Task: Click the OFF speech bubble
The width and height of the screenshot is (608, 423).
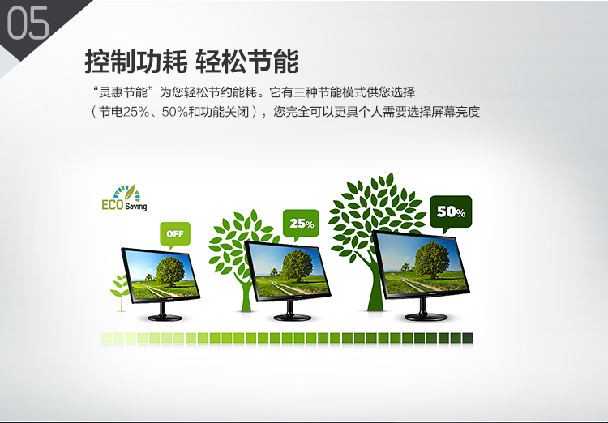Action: [x=175, y=234]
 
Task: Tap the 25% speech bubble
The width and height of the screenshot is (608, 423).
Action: [x=301, y=224]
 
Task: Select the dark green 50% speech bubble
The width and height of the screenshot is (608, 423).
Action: [x=451, y=212]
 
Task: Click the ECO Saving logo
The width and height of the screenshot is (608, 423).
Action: [x=124, y=198]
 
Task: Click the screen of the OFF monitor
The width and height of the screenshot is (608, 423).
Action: [x=161, y=275]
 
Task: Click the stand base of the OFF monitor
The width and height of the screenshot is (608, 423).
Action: [x=165, y=318]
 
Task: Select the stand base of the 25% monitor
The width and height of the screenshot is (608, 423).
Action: [x=293, y=317]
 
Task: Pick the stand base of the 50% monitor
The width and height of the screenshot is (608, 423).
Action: [x=426, y=316]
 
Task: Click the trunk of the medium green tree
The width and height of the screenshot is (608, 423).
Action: [x=246, y=295]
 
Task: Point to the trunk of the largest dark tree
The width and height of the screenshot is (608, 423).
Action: [x=375, y=287]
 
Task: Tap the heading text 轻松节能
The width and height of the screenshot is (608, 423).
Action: [x=247, y=62]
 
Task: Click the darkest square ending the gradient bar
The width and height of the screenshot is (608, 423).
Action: [x=468, y=338]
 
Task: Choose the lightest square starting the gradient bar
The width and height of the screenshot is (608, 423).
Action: [x=107, y=338]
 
